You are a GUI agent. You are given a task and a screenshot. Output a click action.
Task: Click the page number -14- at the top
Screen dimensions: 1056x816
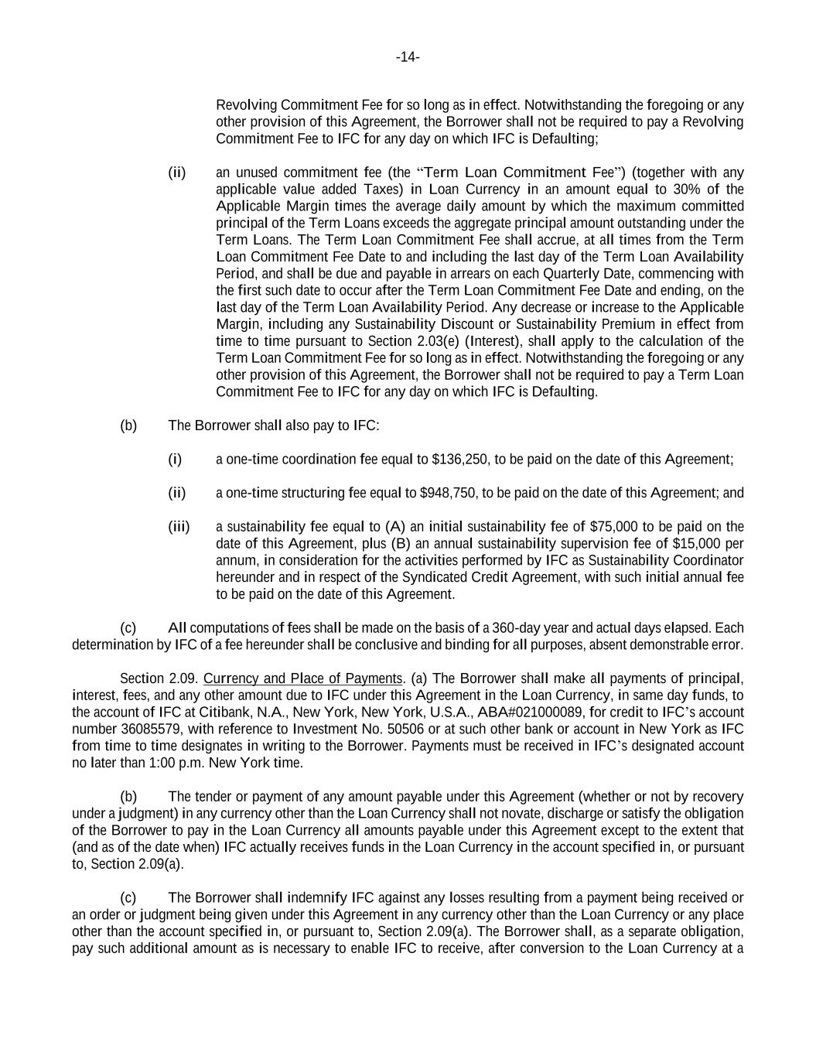tap(408, 57)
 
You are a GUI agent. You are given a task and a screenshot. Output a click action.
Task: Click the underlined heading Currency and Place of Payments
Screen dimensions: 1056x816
tap(303, 678)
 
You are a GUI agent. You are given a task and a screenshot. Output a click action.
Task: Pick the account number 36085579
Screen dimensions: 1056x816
tap(153, 730)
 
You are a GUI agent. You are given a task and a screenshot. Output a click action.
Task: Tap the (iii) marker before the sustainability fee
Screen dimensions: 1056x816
tap(179, 527)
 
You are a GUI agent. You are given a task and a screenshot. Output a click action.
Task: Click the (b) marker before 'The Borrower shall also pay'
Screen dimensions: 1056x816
tap(128, 425)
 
